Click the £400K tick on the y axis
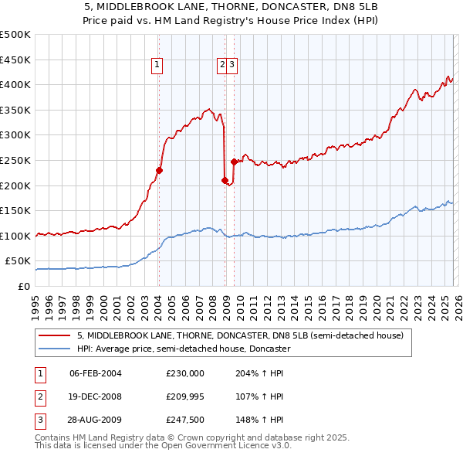(x=15, y=84)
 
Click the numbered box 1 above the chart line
(x=157, y=66)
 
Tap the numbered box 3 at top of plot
(x=231, y=66)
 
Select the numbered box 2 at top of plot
(x=222, y=66)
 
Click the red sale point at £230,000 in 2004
(x=159, y=170)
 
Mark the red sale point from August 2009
(x=233, y=162)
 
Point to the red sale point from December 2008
(x=225, y=180)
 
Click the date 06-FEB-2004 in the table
(x=95, y=373)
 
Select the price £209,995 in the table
(x=184, y=396)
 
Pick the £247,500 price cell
(x=184, y=420)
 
